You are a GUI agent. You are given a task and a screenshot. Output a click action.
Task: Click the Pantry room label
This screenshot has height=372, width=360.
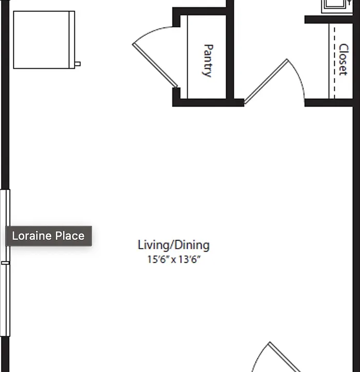(x=208, y=61)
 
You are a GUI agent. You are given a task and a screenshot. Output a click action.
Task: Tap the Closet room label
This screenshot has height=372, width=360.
(x=343, y=59)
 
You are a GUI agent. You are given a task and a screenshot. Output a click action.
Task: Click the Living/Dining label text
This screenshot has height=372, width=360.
(x=174, y=245)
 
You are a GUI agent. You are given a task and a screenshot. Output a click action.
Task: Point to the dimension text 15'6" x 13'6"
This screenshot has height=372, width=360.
(x=174, y=259)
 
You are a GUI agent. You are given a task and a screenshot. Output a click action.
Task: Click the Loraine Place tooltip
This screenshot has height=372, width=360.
(x=49, y=236)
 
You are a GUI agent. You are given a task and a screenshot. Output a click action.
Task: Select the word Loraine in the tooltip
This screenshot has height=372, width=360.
(x=32, y=236)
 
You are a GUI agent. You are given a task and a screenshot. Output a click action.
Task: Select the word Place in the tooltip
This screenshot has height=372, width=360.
(x=70, y=236)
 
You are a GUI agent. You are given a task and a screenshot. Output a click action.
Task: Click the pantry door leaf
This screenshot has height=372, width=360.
(x=155, y=65)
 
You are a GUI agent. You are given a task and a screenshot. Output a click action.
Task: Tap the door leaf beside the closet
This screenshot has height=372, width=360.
(x=266, y=82)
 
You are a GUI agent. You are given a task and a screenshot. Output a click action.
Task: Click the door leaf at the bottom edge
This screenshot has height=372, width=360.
(x=284, y=357)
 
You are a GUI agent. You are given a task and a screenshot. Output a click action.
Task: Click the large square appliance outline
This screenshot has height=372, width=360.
(x=44, y=40)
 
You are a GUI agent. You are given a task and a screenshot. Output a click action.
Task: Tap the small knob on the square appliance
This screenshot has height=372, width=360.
(x=78, y=64)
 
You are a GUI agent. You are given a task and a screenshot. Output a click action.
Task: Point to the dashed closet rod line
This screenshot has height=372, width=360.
(x=334, y=63)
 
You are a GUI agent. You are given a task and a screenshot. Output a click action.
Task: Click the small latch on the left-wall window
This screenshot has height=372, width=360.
(x=5, y=263)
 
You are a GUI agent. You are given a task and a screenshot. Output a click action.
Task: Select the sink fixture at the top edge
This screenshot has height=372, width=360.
(x=337, y=6)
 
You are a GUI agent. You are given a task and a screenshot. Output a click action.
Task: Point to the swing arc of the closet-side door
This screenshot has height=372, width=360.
(x=299, y=76)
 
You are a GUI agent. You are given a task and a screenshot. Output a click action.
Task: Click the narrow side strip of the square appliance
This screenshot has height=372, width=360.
(x=72, y=40)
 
